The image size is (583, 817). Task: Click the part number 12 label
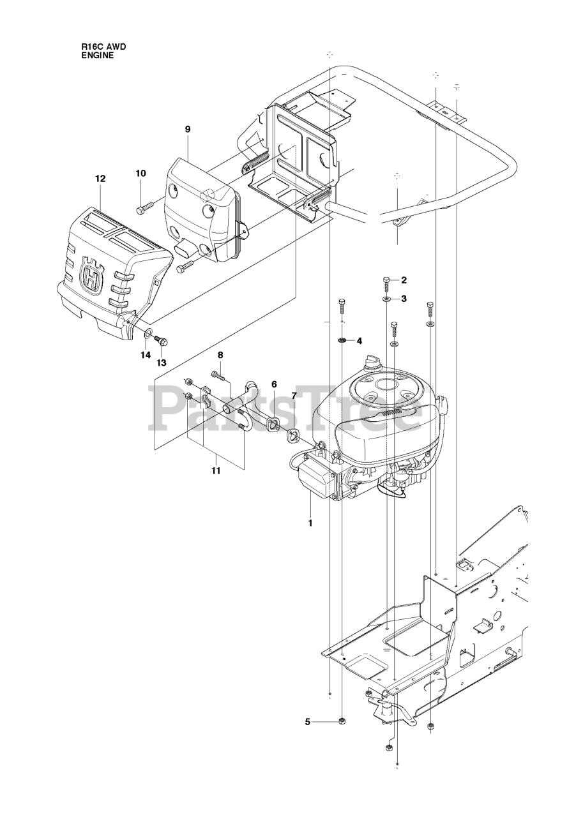click(100, 179)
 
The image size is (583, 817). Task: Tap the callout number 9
click(188, 129)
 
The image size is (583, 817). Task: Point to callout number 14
click(146, 355)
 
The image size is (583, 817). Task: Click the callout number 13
click(162, 363)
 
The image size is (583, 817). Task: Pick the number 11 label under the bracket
click(216, 471)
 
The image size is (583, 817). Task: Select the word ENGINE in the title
click(98, 56)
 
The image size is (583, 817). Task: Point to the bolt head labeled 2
click(387, 280)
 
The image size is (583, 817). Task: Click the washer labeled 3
click(386, 299)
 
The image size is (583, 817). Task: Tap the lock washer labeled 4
click(342, 341)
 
